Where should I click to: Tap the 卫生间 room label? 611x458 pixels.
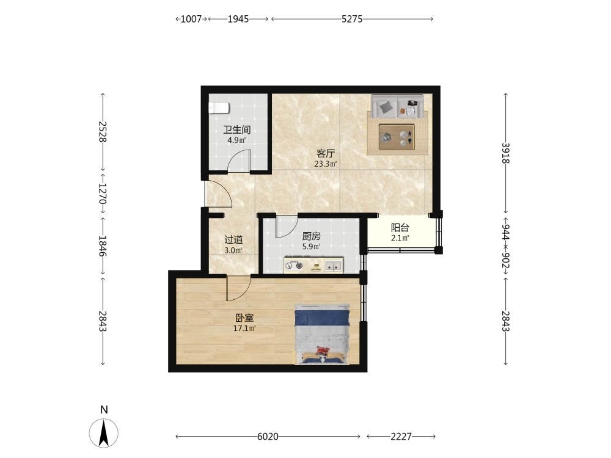point(236,129)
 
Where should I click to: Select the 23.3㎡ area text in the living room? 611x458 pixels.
point(326,164)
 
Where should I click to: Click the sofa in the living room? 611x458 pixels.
point(397,106)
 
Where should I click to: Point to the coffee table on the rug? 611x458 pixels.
point(397,137)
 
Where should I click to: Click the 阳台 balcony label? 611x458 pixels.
point(400,228)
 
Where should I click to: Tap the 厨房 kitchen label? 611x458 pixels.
point(312,236)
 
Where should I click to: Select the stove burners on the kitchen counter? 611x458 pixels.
point(294,266)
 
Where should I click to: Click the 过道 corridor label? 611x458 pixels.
point(233,240)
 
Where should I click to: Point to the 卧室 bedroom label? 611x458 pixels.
point(244,318)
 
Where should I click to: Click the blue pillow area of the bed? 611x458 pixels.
point(321,316)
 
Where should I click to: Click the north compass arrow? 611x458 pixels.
point(104,432)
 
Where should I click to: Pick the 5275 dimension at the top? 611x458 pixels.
point(352,19)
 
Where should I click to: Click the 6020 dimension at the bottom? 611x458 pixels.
point(268,437)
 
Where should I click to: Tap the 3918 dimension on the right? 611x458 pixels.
point(505,153)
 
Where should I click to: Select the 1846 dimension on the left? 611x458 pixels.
point(103,246)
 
